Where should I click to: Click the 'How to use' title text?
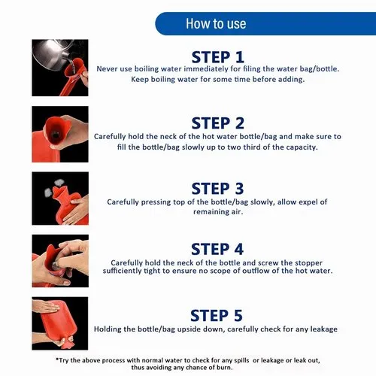pos(216,23)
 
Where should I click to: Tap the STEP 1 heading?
pos(218,57)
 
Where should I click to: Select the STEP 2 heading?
pos(218,123)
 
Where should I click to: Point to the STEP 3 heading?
pos(217,189)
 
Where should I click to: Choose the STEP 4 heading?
pos(217,249)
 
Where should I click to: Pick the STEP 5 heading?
pos(217,315)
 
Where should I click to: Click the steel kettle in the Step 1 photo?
pos(50,54)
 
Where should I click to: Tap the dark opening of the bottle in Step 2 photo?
pos(55,135)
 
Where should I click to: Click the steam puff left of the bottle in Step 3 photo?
pos(48,193)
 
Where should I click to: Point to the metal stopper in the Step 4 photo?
pos(55,265)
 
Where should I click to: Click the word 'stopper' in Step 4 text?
pos(309,263)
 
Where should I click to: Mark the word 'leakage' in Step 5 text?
pos(324,329)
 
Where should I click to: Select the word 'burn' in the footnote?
pos(224,368)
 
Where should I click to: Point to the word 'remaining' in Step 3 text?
pos(209,212)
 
